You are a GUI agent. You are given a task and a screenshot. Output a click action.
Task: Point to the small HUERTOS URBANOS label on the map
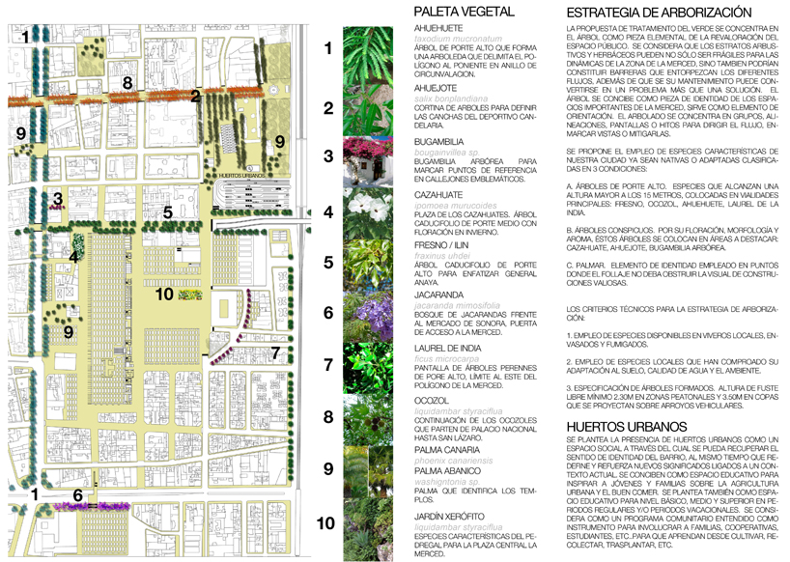pos(243,177)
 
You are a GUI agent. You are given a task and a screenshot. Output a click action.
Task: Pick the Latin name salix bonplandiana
pos(446,100)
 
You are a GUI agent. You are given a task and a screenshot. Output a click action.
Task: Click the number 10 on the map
pos(163,294)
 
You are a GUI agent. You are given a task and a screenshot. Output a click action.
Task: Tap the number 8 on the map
pos(127,84)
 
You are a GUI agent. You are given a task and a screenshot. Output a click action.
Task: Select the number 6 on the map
pos(77,495)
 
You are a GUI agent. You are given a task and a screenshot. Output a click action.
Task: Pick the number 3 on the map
pos(58,200)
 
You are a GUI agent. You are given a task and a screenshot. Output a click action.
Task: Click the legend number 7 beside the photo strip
pos(328,365)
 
